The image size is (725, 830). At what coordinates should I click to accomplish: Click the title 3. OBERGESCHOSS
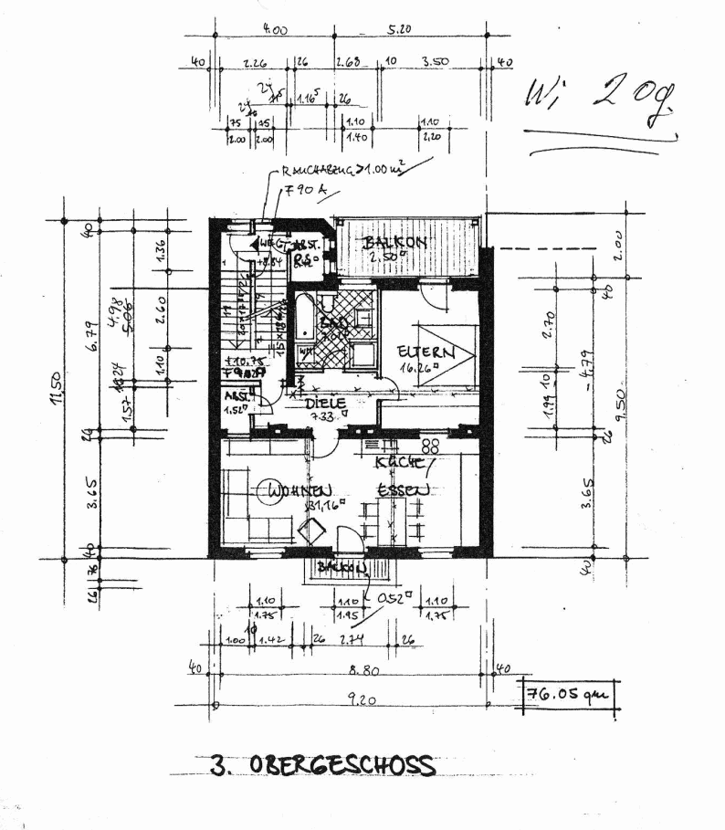[x=322, y=765]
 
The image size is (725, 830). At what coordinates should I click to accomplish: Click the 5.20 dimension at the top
[x=400, y=30]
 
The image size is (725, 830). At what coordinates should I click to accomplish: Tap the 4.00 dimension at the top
[x=274, y=30]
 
